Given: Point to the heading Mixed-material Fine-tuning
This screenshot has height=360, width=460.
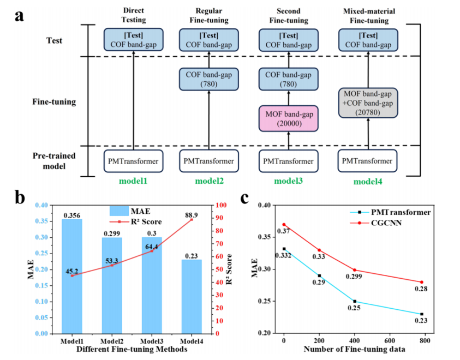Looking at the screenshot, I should tap(367, 16).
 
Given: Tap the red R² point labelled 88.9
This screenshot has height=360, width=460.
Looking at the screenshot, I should tap(192, 219).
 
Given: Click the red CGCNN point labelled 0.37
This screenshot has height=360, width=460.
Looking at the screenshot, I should tap(284, 224).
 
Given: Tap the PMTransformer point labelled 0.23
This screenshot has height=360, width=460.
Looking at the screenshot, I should tap(421, 314).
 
